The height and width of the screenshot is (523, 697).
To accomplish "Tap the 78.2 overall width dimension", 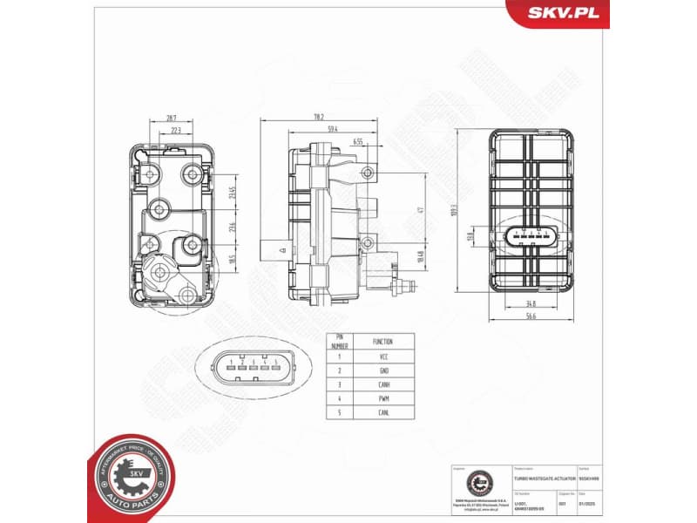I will coord(319,117).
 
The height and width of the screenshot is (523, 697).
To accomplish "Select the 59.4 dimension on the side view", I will coord(332,129).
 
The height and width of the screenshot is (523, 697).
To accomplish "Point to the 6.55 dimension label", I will coord(358,140).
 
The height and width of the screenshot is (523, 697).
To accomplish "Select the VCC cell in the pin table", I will coord(382,357).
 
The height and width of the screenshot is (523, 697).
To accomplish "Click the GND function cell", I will coord(382,370).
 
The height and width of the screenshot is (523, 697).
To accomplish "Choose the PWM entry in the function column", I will coord(382,397).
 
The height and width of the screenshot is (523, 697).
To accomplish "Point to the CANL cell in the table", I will coord(382,411).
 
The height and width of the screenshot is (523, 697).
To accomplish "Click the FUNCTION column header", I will coord(382,342).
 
